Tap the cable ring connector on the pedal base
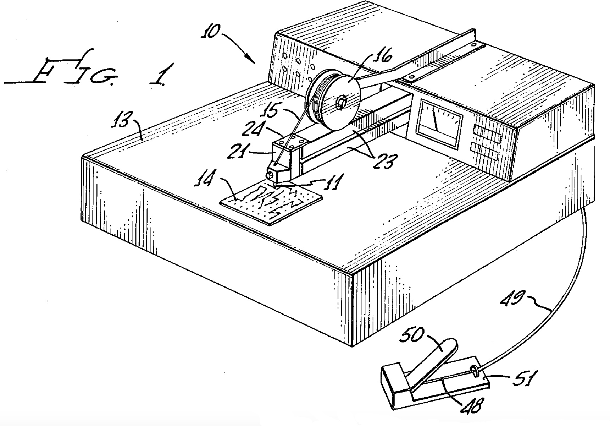(x=475, y=372)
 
